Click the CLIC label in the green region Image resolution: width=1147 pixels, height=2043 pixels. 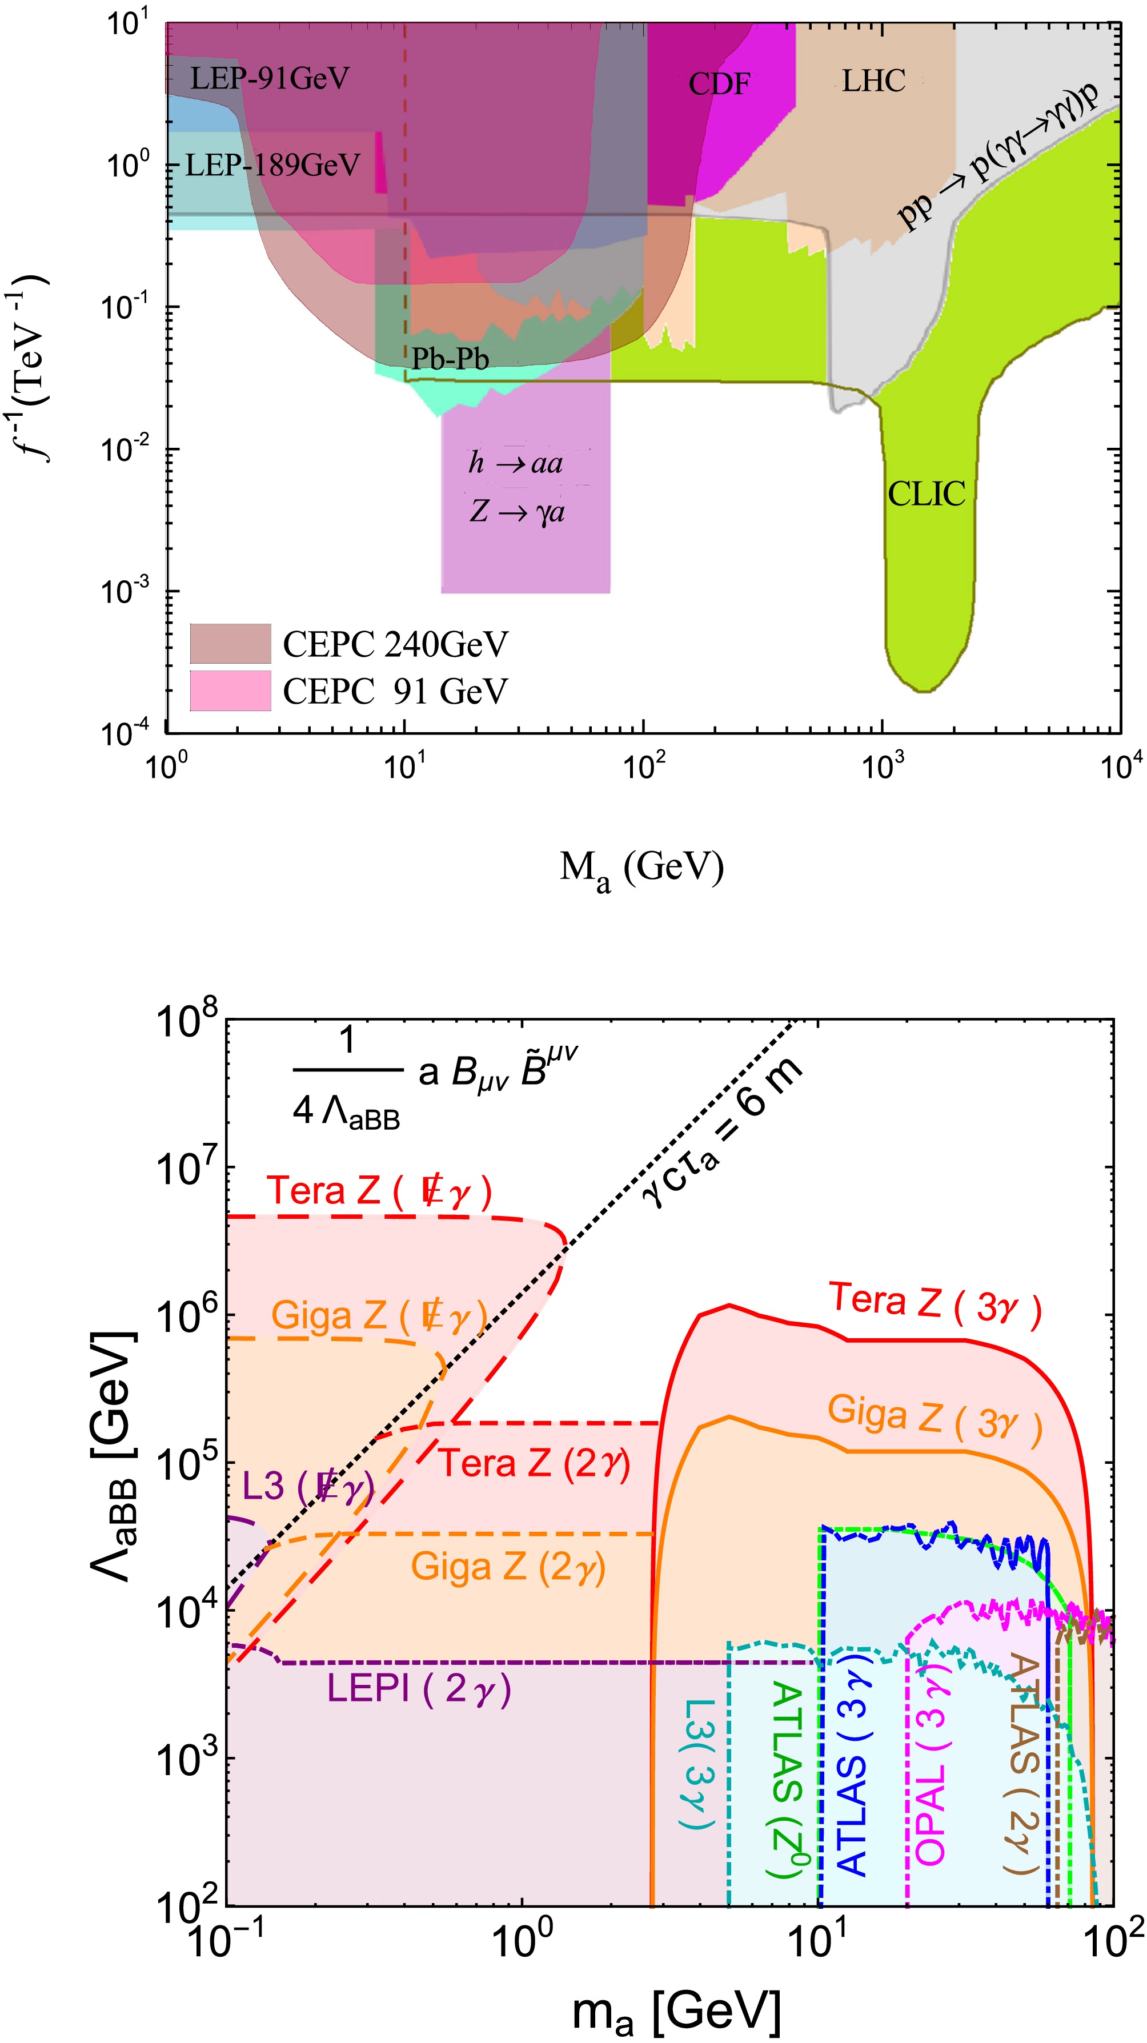tap(926, 494)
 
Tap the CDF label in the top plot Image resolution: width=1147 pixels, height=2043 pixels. tap(719, 83)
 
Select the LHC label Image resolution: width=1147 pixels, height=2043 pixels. tap(873, 80)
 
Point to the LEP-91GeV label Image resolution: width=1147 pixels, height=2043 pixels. tap(270, 78)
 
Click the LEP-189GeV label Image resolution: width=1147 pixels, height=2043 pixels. tap(272, 165)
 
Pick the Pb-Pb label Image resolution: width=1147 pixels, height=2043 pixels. tap(450, 359)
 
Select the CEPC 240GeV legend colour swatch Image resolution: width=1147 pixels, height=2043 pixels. tap(230, 643)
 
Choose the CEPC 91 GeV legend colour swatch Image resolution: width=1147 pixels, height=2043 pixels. tap(230, 690)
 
